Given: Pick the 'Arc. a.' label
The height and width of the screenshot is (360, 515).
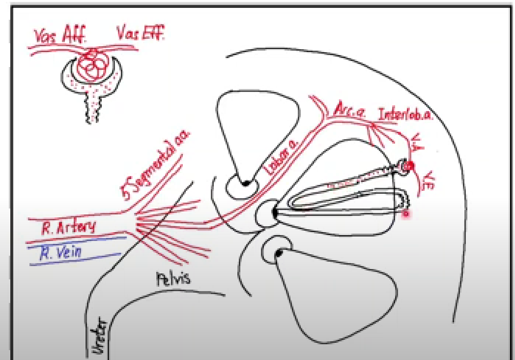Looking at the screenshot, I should point(350,110).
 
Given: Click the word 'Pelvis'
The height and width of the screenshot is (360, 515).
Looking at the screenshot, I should point(172,279).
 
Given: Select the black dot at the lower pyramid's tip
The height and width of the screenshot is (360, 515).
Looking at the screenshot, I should point(279,253).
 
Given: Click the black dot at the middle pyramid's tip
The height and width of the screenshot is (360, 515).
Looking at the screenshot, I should point(273,212).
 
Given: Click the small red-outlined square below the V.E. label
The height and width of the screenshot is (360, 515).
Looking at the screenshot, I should point(405,213).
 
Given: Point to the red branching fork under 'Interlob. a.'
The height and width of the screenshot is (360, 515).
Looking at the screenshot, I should point(376,129).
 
